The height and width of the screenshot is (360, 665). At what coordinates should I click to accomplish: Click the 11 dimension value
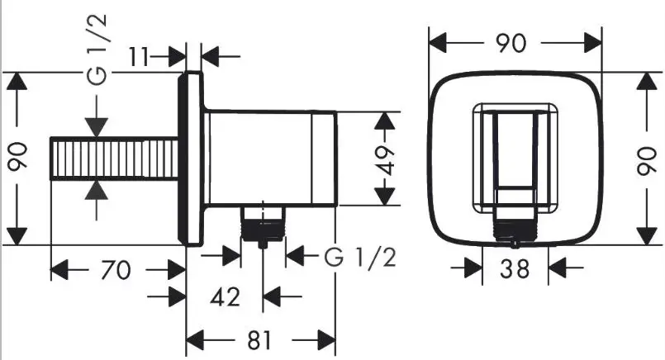click(x=138, y=56)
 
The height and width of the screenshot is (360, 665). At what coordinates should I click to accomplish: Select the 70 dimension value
click(x=116, y=270)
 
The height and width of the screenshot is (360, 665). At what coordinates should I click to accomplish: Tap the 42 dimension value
click(x=225, y=296)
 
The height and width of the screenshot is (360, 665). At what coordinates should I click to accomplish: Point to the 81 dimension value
click(x=259, y=340)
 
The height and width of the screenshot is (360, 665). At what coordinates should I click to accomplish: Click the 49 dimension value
click(x=386, y=160)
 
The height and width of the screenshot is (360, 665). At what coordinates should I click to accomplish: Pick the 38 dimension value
click(x=515, y=268)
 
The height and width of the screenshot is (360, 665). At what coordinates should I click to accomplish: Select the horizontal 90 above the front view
click(x=512, y=43)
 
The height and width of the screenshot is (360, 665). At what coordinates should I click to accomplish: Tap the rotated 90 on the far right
click(x=647, y=160)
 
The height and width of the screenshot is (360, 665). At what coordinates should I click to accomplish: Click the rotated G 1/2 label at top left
click(x=97, y=50)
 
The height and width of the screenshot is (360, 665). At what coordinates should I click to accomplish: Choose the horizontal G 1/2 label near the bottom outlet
click(x=360, y=257)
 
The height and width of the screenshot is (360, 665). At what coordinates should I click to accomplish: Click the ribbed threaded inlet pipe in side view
click(x=114, y=159)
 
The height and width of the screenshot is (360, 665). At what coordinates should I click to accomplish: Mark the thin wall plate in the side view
click(x=191, y=159)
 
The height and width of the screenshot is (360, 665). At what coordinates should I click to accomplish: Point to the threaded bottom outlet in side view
click(x=263, y=225)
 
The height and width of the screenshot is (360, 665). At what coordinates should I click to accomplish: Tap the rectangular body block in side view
click(x=271, y=159)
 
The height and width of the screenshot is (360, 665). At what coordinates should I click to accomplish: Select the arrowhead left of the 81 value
click(x=195, y=340)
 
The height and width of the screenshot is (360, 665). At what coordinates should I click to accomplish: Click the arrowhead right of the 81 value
click(x=326, y=340)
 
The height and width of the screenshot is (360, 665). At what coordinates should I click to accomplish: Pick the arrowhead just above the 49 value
click(x=385, y=121)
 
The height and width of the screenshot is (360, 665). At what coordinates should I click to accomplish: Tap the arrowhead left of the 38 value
click(x=473, y=268)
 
